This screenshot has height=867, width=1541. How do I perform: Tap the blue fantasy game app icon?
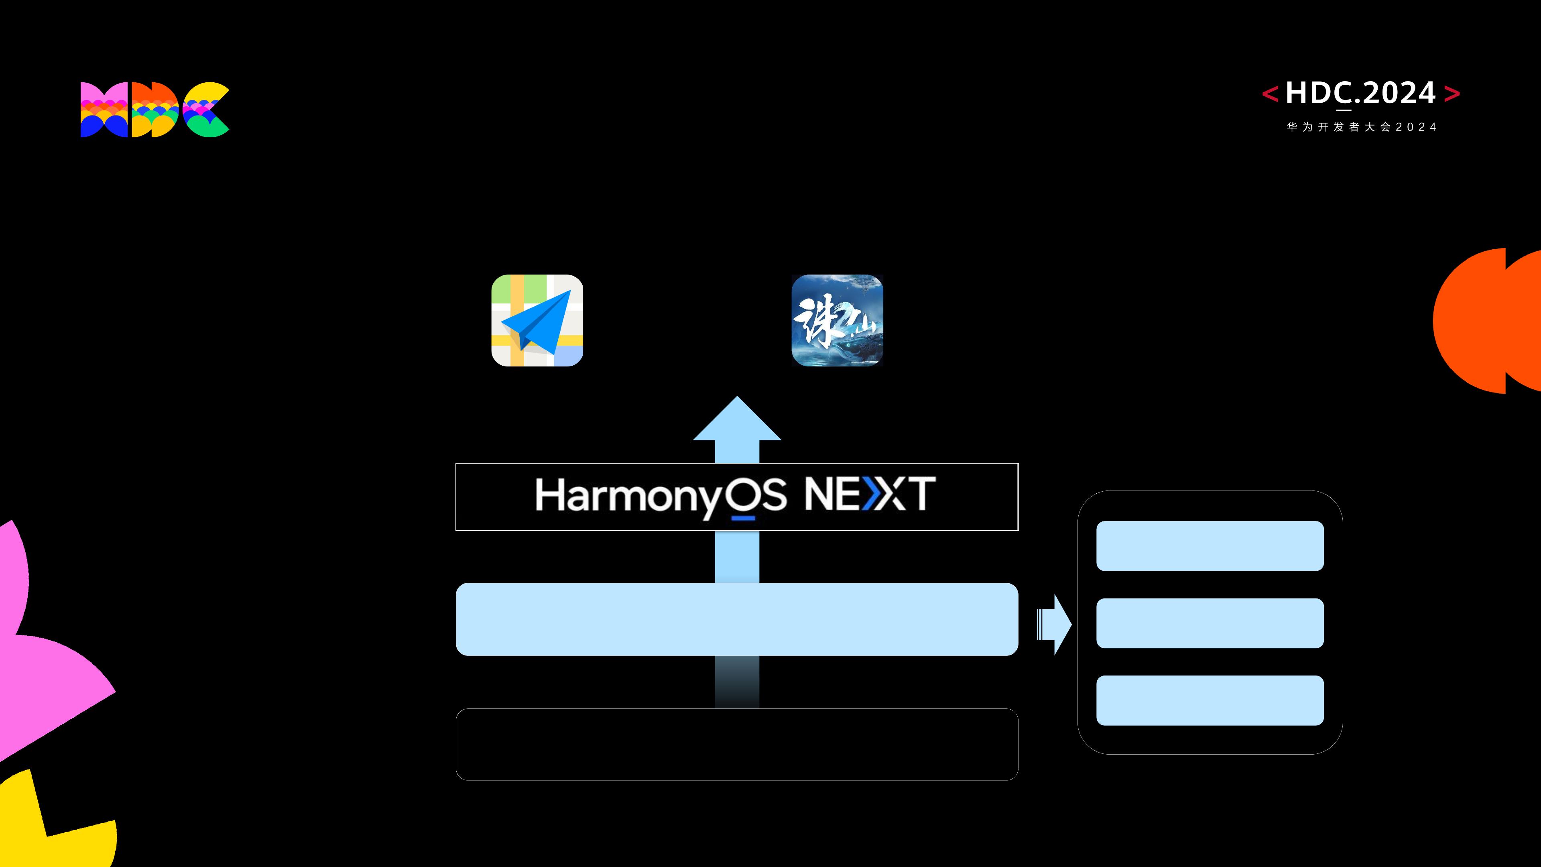pyautogui.click(x=837, y=321)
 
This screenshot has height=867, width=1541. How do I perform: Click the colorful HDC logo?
pyautogui.click(x=155, y=110)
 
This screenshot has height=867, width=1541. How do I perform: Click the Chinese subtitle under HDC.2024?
pyautogui.click(x=1361, y=127)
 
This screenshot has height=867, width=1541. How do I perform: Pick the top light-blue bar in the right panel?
pyautogui.click(x=1210, y=546)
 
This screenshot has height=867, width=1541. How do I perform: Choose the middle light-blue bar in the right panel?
pyautogui.click(x=1210, y=623)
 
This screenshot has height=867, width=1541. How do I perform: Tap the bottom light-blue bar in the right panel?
pyautogui.click(x=1210, y=700)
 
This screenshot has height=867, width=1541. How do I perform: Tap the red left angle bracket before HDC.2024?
pyautogui.click(x=1270, y=94)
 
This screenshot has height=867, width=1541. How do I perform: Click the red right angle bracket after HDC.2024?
pyautogui.click(x=1452, y=94)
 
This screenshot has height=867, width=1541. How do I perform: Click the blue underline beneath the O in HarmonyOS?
pyautogui.click(x=743, y=517)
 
